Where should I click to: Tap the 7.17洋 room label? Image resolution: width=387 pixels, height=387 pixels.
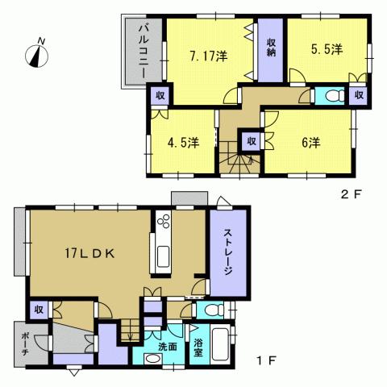coord(208,56)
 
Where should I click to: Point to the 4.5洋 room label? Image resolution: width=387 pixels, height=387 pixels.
coord(184,143)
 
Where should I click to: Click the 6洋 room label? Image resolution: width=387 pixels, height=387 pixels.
coord(310,143)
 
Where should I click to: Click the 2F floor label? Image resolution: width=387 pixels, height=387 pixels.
coord(347,193)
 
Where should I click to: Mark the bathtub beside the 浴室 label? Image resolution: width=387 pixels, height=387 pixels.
coord(220,345)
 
